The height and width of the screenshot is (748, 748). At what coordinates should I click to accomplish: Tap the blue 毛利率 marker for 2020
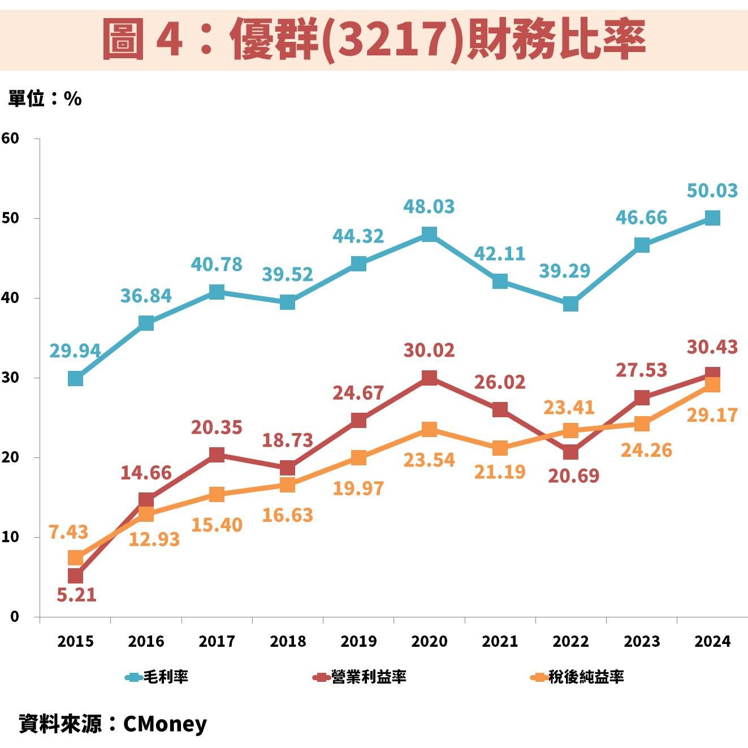429,234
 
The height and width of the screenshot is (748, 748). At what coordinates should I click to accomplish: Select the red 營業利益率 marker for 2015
75,576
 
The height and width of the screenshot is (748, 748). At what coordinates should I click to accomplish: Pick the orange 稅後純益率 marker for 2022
570,431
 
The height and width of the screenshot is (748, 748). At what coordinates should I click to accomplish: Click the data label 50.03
712,191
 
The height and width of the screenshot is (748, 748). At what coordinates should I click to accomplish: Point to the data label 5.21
77,595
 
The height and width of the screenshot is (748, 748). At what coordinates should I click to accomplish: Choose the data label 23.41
569,407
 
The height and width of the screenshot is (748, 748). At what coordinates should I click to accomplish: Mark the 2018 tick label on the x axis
288,641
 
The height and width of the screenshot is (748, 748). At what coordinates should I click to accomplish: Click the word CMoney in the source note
165,724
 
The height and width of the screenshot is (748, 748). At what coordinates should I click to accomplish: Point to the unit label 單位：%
45,99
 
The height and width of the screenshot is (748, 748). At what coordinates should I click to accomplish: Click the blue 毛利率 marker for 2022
570,304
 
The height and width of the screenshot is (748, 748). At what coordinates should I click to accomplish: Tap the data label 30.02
429,350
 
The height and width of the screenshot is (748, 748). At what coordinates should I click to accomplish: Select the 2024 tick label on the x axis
712,641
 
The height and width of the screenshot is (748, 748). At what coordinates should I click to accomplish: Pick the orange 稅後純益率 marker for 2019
358,457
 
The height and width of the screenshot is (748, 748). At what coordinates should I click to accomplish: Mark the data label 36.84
146,296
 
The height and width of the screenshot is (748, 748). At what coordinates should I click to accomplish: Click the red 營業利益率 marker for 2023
642,397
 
